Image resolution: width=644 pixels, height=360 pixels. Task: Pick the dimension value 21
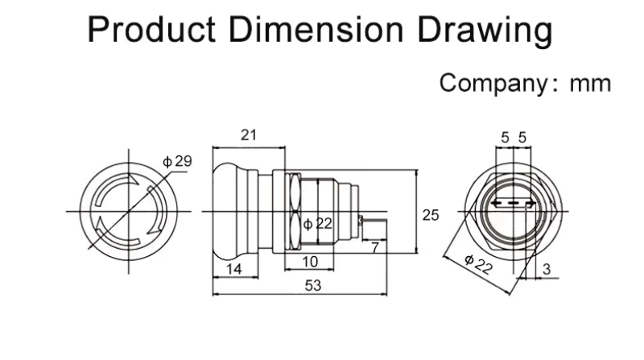(249, 135)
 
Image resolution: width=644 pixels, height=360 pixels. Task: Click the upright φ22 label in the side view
(319, 224)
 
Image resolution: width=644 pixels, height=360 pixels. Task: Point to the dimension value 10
(310, 262)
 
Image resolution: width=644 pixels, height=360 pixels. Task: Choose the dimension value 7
(374, 247)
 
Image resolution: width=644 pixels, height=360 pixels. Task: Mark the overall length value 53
(315, 286)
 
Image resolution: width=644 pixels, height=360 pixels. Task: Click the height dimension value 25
(431, 214)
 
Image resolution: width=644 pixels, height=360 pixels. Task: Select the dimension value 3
(547, 270)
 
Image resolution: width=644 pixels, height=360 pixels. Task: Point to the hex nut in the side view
(292, 211)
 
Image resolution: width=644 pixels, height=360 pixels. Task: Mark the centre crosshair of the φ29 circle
(127, 211)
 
